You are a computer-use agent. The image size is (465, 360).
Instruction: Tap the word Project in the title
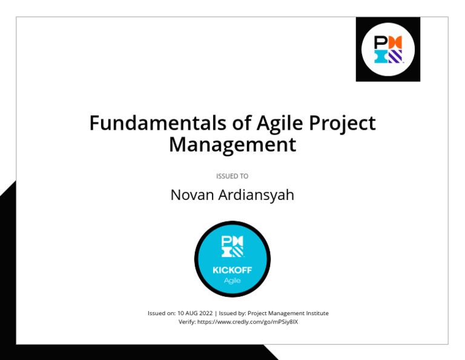tap(342, 123)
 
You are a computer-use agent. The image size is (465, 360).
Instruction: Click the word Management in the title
tap(232, 145)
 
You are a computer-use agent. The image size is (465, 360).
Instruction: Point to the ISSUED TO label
tap(232, 176)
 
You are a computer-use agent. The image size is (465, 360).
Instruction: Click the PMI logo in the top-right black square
tap(387, 49)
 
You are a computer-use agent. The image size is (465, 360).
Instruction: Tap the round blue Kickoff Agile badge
tap(232, 259)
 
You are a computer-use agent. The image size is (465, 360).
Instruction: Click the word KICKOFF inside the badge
tap(232, 271)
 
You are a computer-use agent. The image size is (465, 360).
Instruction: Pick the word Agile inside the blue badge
tap(232, 281)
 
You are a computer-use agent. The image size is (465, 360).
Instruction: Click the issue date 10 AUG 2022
tap(195, 313)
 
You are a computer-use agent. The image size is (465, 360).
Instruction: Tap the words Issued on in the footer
tap(161, 313)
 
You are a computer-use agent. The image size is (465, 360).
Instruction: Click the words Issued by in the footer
tap(231, 313)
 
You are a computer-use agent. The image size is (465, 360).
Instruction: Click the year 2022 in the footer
tap(205, 313)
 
